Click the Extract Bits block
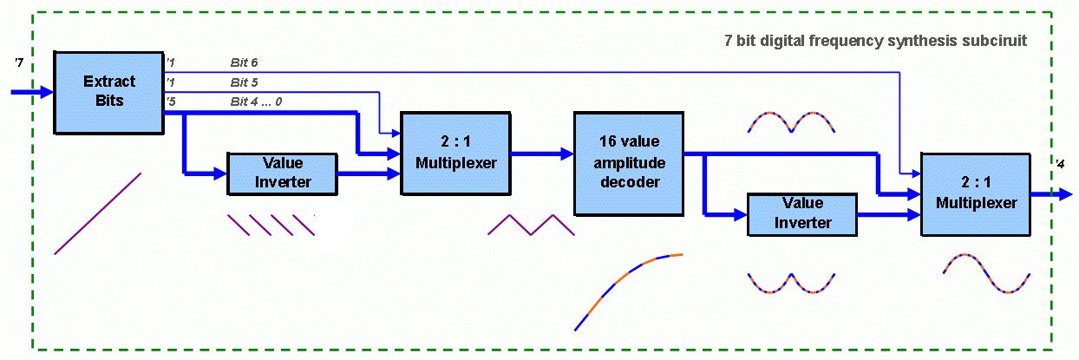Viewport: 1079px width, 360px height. point(109,91)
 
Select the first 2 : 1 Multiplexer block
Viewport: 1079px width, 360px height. point(454,153)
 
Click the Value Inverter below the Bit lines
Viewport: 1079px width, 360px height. point(280,173)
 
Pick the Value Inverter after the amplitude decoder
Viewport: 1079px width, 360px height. point(801,213)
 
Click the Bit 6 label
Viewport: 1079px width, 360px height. point(244,62)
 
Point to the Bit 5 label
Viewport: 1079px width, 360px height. point(244,82)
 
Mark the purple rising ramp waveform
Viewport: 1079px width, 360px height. point(97,213)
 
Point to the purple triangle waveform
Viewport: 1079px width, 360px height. point(532,225)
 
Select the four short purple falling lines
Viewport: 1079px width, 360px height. point(271,225)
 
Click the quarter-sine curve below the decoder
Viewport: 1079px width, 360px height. point(628,291)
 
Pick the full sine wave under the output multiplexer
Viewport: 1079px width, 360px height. point(987,276)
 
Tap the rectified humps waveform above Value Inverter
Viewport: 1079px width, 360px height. point(791,122)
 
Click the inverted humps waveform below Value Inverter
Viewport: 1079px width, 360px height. point(791,283)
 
